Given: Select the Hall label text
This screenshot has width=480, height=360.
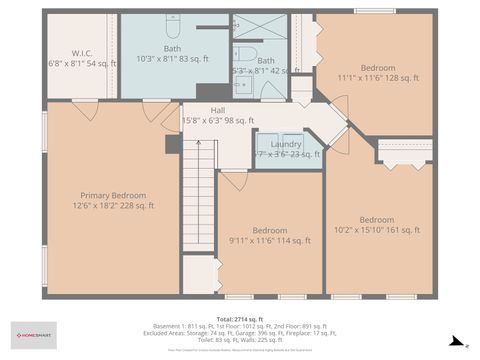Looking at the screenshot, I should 218,111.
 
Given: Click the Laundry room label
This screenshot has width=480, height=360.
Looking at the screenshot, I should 286,144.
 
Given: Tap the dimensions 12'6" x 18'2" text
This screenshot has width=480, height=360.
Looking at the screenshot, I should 113,206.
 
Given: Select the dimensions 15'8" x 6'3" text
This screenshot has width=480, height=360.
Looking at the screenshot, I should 218,121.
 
